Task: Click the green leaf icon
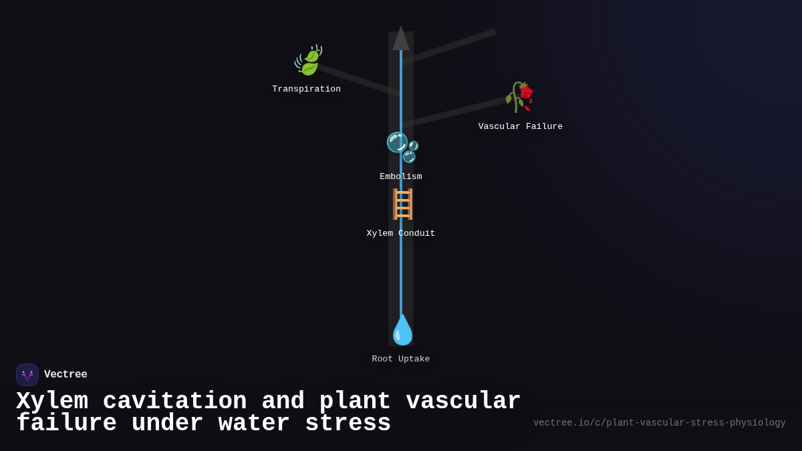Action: pyautogui.click(x=308, y=61)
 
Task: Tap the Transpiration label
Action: pyautogui.click(x=306, y=90)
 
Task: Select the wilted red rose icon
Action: pyautogui.click(x=520, y=98)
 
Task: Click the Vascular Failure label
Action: pyautogui.click(x=520, y=127)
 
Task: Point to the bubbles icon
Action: pyautogui.click(x=402, y=147)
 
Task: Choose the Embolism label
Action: pyautogui.click(x=401, y=177)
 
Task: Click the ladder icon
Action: pyautogui.click(x=402, y=204)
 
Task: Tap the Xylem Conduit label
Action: pyautogui.click(x=401, y=234)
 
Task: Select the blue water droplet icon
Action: pyautogui.click(x=402, y=330)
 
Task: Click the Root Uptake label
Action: pyautogui.click(x=401, y=359)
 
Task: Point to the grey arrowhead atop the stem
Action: pyautogui.click(x=401, y=39)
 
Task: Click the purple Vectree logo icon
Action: pyautogui.click(x=27, y=375)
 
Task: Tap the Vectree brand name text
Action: pyautogui.click(x=65, y=375)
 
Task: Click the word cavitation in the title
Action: pyautogui.click(x=174, y=402)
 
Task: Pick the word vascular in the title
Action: pyautogui.click(x=463, y=402)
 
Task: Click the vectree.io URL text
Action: pyautogui.click(x=659, y=423)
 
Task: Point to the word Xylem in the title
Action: pyautogui.click(x=52, y=402)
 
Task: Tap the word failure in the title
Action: pyautogui.click(x=66, y=424)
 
